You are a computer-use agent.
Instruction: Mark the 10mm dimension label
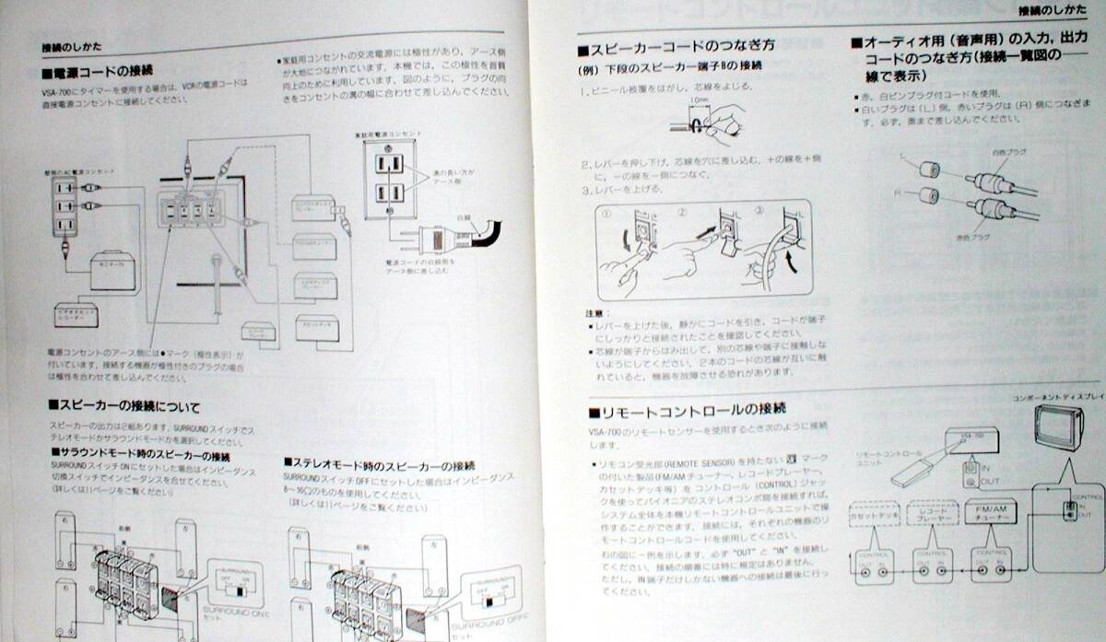(x=698, y=99)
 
